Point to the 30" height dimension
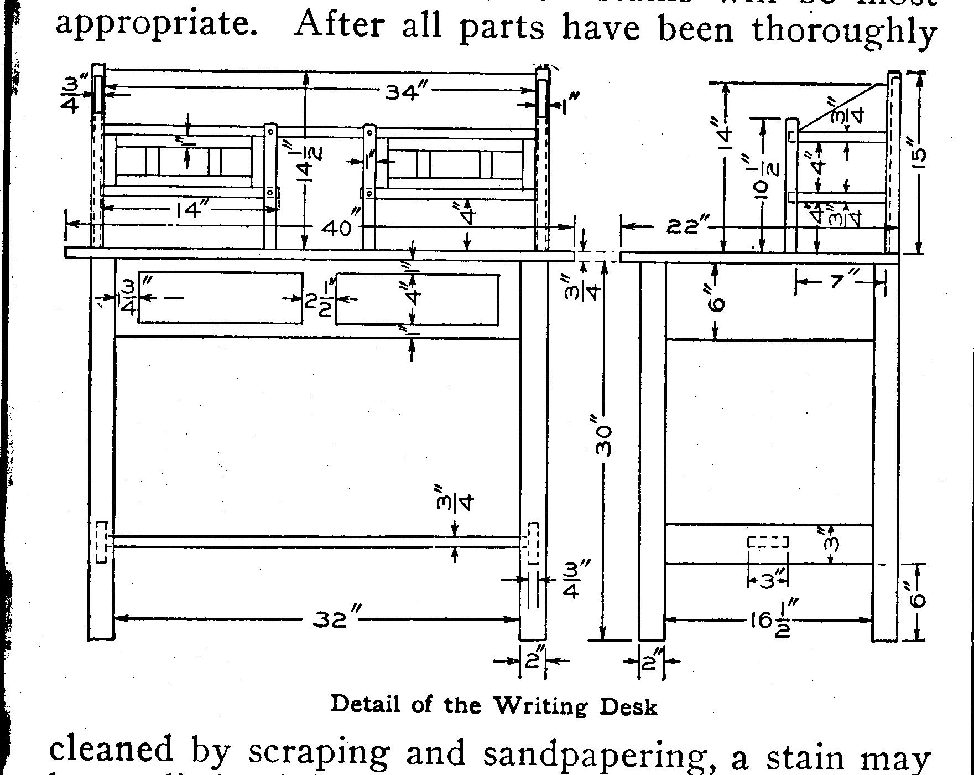pos(604,441)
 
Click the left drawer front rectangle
pos(221,297)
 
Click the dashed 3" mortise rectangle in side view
pos(768,542)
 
